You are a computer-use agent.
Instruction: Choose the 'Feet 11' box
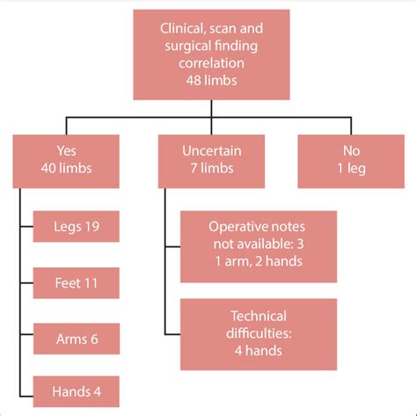[x=75, y=284]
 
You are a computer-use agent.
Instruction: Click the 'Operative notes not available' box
[x=259, y=245]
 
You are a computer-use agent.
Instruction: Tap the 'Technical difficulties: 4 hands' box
[x=259, y=333]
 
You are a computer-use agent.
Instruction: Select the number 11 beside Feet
[x=90, y=284]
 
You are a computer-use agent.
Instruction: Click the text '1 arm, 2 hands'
[x=259, y=261]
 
